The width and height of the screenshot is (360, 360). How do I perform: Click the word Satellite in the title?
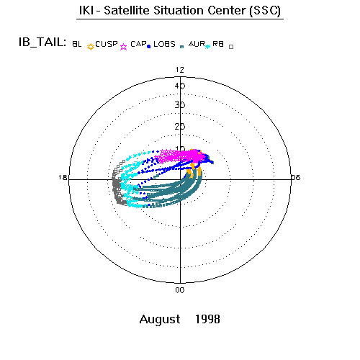(127, 11)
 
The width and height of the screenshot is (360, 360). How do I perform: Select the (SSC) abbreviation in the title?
(265, 11)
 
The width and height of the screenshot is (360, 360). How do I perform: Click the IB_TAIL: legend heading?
(42, 42)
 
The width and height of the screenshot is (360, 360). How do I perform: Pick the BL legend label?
(77, 44)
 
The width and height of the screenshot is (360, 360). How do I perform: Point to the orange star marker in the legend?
(91, 47)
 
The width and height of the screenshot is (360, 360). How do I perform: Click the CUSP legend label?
(107, 44)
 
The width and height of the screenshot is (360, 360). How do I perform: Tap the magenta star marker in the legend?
(123, 47)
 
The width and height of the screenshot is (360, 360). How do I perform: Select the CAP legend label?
(138, 44)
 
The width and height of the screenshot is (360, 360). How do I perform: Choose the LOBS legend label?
(164, 44)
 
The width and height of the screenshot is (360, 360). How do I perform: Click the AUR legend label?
(197, 44)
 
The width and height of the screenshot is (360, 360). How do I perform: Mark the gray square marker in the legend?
(231, 47)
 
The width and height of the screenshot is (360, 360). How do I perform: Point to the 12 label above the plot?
(180, 70)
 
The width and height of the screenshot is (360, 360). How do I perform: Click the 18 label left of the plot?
(63, 177)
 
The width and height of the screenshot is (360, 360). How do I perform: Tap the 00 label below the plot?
(180, 290)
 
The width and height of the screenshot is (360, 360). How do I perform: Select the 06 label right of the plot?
(296, 177)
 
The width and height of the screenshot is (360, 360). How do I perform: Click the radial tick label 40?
(180, 86)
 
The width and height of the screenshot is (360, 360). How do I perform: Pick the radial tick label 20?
(180, 127)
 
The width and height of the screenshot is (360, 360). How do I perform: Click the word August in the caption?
(160, 320)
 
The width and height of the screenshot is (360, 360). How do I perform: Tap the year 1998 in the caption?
(207, 319)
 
